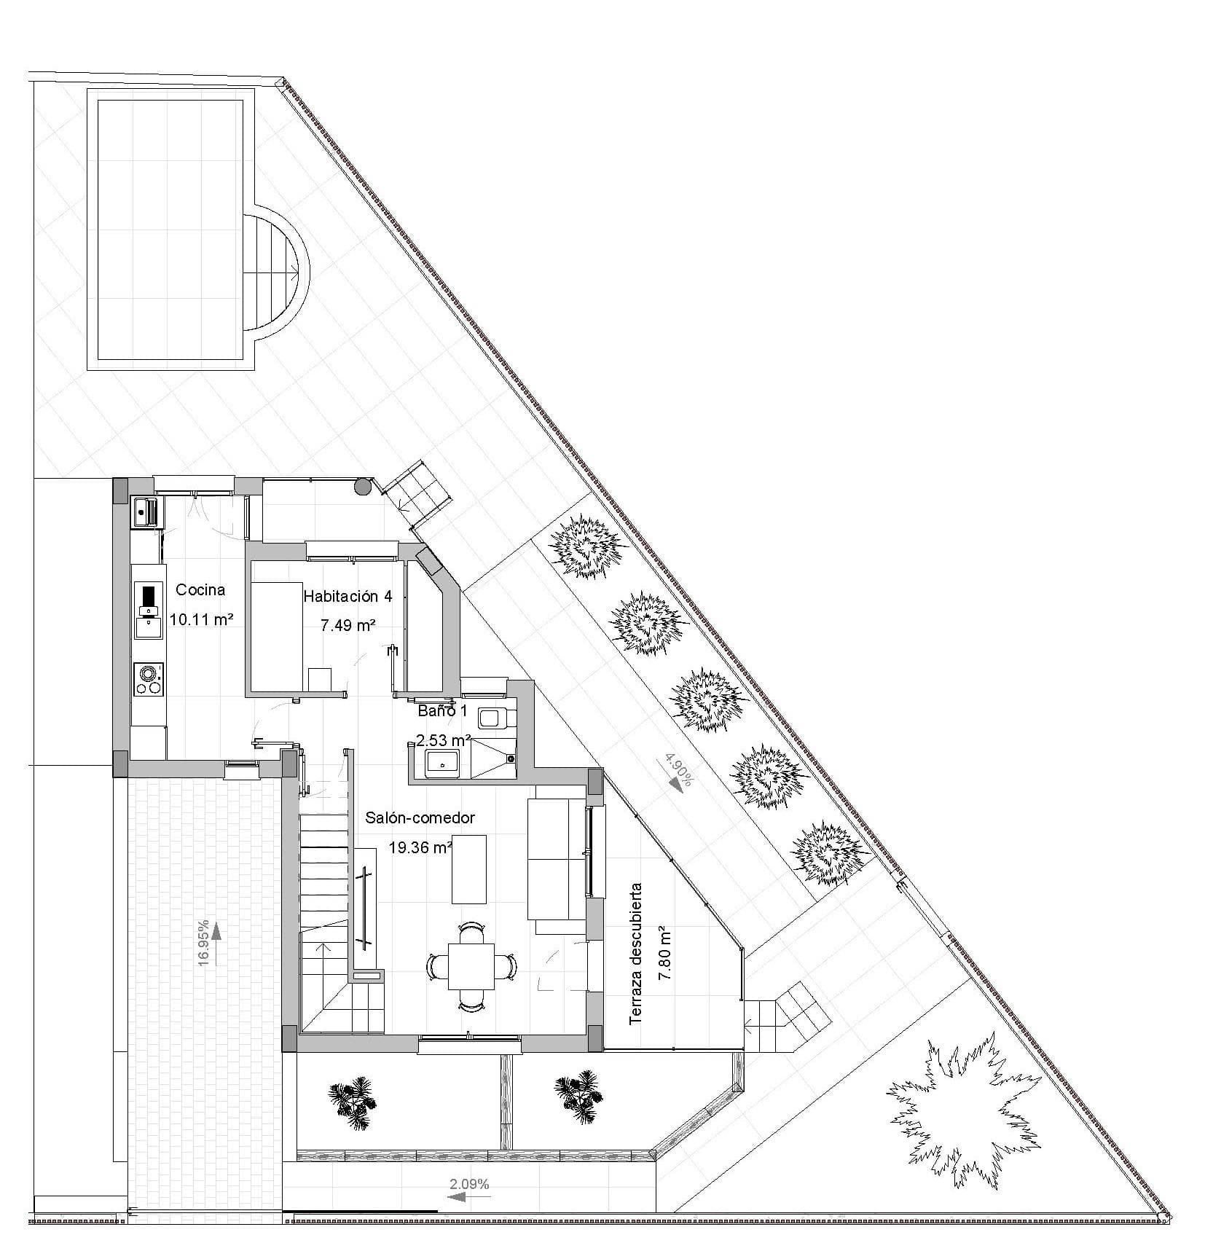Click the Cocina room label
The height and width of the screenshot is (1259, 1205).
(200, 590)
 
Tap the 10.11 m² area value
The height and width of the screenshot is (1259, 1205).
(201, 620)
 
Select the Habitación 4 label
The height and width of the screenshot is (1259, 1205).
(348, 597)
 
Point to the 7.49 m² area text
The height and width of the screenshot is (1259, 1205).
(348, 625)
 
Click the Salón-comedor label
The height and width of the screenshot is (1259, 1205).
(420, 818)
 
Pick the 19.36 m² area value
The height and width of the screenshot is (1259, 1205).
(420, 847)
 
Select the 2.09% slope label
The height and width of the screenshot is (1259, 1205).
(470, 1185)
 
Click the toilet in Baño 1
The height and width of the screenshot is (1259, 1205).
(497, 719)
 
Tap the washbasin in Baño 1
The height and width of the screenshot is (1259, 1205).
(441, 764)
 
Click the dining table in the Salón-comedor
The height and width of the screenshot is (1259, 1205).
(470, 966)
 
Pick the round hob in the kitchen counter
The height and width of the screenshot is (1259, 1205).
(149, 678)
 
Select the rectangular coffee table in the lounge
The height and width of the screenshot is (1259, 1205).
(468, 868)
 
